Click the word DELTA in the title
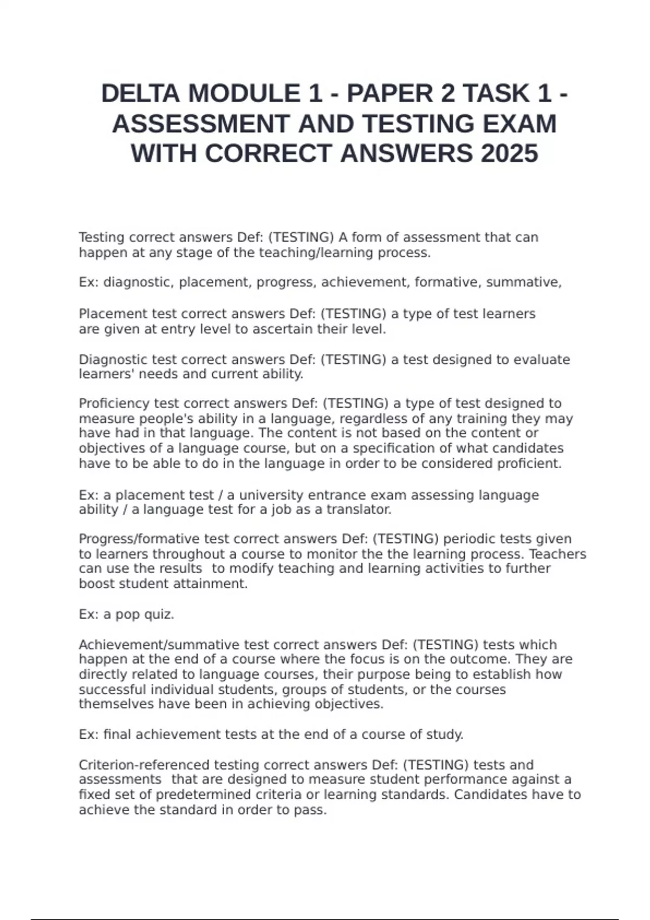point(140,94)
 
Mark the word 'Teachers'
point(557,554)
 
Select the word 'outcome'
point(483,660)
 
